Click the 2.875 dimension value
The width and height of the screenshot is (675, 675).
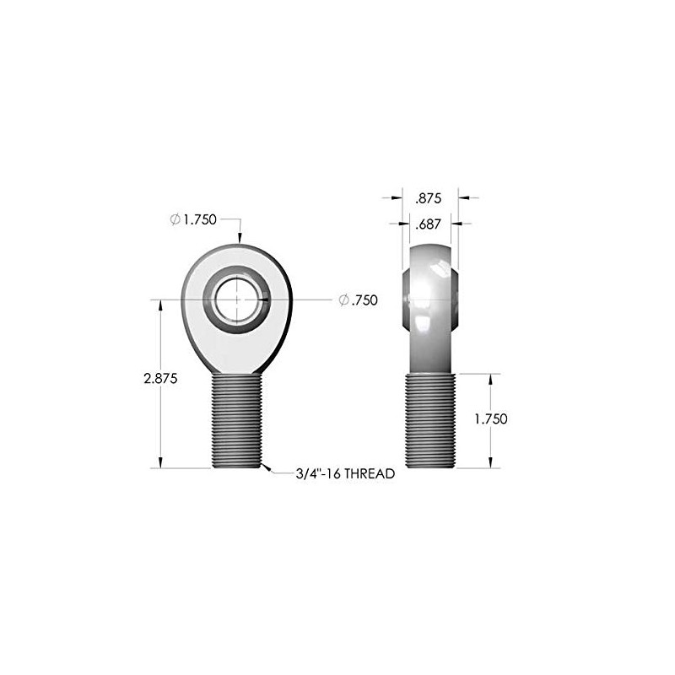(x=160, y=379)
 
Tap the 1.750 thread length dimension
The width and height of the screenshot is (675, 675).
(x=489, y=419)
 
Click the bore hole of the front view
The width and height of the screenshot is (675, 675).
(x=237, y=300)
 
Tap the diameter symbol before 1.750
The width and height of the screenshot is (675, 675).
(x=175, y=219)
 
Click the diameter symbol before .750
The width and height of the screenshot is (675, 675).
(x=343, y=300)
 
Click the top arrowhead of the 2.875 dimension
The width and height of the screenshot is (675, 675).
(x=160, y=305)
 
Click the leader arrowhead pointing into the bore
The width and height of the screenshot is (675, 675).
(x=264, y=300)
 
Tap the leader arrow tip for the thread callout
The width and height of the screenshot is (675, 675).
(x=264, y=466)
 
